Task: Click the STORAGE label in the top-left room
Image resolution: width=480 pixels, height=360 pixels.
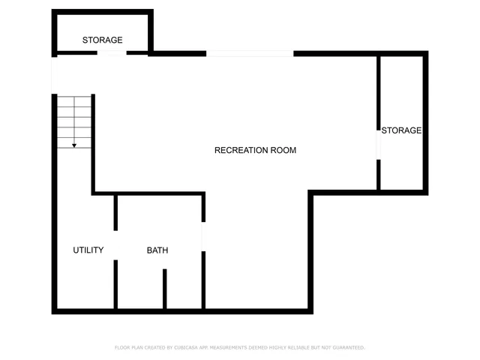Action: point(103,40)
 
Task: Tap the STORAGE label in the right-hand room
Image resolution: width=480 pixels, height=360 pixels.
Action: point(401,130)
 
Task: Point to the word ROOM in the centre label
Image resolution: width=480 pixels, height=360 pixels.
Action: point(283,150)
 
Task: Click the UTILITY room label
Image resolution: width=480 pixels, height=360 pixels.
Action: point(88,250)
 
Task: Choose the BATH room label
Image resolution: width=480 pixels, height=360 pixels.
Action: point(157,250)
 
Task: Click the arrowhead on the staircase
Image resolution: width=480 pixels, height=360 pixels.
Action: point(74,144)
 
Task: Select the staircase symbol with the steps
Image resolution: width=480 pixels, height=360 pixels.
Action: point(74,120)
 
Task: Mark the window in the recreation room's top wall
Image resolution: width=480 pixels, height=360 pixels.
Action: point(250,53)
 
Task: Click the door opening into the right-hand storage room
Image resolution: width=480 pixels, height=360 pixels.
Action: point(379,144)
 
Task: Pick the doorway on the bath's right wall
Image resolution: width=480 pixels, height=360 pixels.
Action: point(203,236)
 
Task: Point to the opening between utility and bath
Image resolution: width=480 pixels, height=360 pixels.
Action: point(115,245)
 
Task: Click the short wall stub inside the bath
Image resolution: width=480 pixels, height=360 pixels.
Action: point(165,289)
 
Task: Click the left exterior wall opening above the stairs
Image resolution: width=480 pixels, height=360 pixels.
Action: point(54,75)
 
